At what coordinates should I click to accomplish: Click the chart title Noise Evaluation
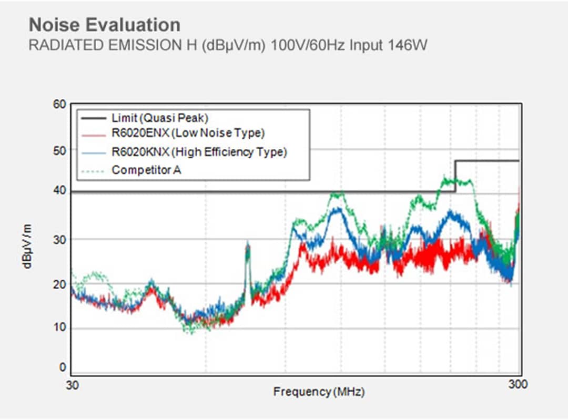[x=104, y=25]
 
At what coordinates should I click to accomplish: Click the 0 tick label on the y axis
[x=63, y=367]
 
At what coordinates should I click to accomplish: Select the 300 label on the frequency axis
[x=518, y=384]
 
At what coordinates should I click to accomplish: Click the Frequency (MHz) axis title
[x=318, y=392]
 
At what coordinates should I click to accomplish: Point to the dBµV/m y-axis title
[x=27, y=245]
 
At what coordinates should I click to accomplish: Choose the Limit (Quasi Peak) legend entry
[x=160, y=118]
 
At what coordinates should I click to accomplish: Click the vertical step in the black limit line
[x=455, y=176]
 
